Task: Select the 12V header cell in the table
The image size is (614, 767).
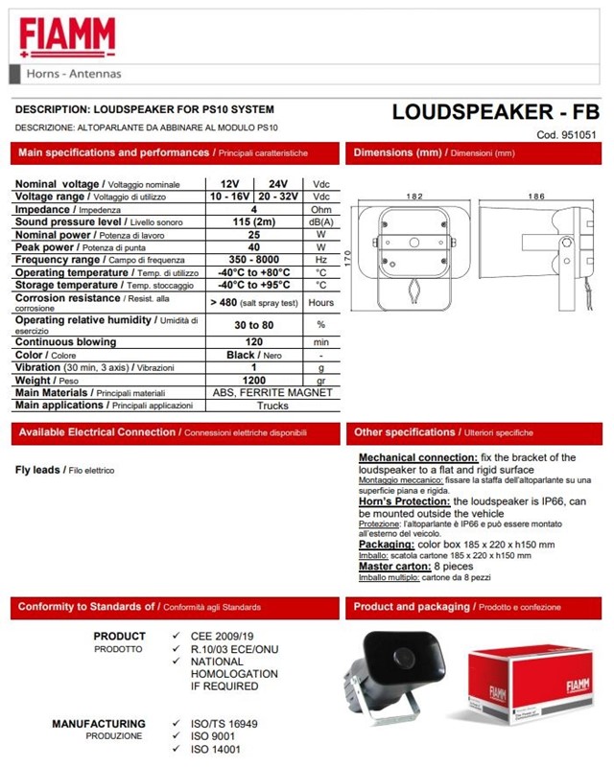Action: pos(230,183)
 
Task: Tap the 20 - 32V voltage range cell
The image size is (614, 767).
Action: pos(277,196)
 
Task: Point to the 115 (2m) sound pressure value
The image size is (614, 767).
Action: pos(253,221)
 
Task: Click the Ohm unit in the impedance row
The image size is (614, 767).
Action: pos(321,209)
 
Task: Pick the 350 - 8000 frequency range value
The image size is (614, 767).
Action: pos(253,260)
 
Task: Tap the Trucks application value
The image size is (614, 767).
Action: pos(273,406)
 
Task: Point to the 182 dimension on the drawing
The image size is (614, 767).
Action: pos(413,196)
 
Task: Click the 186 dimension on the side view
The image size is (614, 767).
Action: pos(535,196)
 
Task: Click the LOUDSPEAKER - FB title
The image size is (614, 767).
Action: pos(495,111)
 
